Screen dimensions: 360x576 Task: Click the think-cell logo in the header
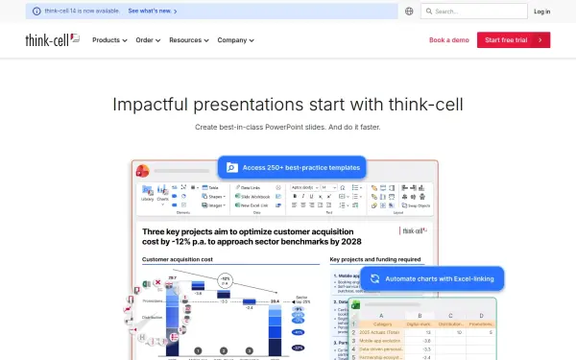pos(53,40)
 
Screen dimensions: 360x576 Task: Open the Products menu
pos(108,40)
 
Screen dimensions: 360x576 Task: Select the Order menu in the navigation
pos(147,40)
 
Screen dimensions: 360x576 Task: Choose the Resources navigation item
pos(187,40)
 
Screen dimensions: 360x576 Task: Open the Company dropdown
pos(235,40)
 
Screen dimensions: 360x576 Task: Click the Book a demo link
pos(449,40)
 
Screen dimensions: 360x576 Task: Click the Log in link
pos(542,12)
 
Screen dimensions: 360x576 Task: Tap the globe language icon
pos(409,12)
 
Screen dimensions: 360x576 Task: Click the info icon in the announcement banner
pos(36,12)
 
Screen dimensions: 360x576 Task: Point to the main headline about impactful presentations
pos(288,105)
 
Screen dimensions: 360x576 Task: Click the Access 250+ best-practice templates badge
pos(292,167)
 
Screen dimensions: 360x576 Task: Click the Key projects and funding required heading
pos(375,259)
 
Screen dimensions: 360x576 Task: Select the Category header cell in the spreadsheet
pos(382,323)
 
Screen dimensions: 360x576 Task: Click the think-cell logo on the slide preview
pos(414,229)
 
